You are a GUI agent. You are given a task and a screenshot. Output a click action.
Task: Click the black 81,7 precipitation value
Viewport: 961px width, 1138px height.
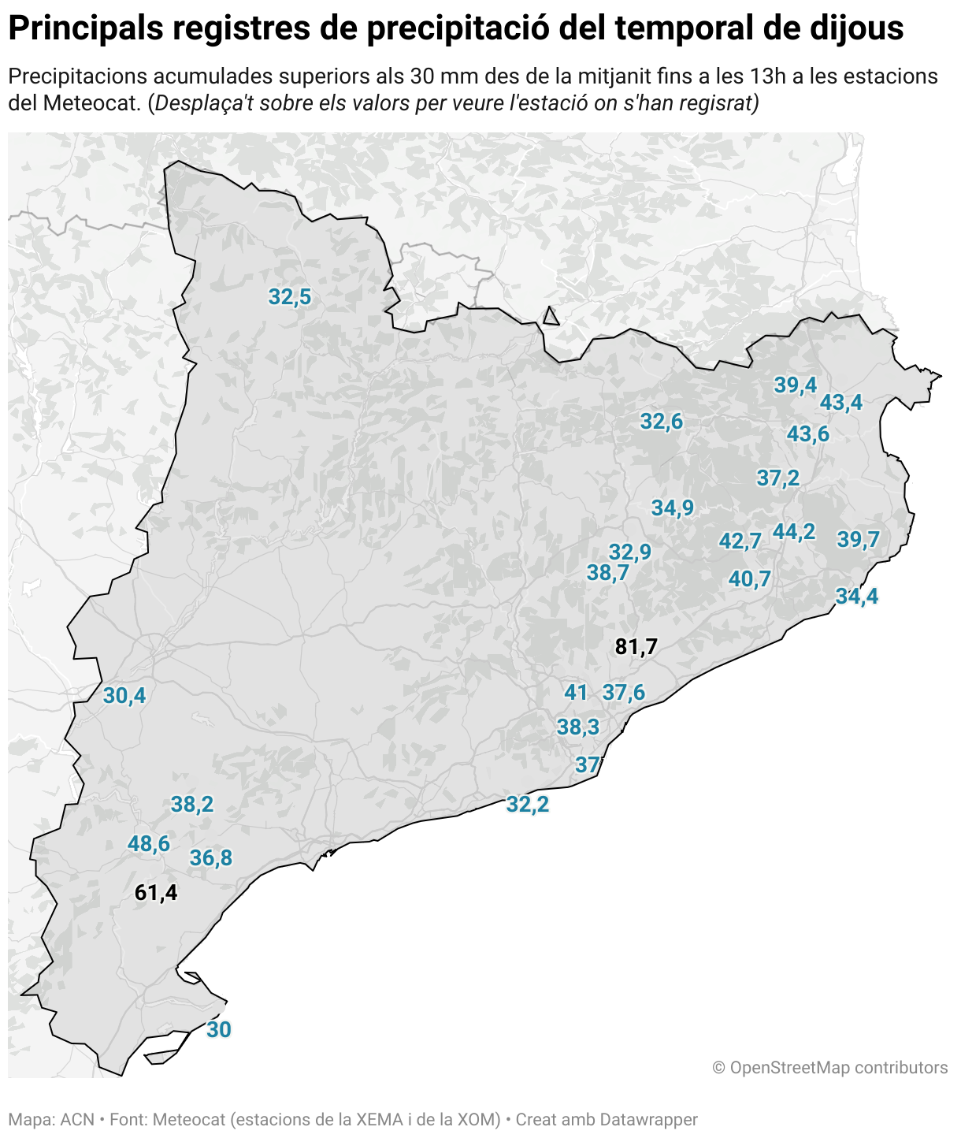636,647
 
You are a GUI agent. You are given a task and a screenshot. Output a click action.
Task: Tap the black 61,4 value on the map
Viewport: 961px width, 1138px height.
156,893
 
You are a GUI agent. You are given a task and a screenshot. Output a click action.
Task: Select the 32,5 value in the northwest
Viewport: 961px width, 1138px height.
290,297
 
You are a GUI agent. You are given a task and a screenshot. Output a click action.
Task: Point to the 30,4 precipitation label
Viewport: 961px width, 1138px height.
124,696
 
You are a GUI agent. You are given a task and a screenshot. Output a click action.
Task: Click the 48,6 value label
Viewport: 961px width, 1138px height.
149,844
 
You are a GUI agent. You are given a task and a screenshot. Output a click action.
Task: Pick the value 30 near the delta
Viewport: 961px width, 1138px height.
219,1030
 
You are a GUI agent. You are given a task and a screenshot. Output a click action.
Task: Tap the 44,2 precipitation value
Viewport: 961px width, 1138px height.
794,532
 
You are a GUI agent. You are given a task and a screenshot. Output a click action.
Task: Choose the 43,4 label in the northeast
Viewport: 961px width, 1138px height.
841,403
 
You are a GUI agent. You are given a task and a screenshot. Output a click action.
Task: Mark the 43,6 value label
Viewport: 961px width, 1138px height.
808,434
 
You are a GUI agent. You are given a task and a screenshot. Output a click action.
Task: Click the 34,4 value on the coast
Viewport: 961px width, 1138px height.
857,597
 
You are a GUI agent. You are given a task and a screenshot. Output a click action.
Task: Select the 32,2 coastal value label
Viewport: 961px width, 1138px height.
528,805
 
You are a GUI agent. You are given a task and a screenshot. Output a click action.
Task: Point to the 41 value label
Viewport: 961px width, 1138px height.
576,693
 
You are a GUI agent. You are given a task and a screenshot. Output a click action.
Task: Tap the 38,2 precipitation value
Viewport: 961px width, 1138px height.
192,805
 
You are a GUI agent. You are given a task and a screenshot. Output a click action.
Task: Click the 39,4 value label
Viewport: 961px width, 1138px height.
796,385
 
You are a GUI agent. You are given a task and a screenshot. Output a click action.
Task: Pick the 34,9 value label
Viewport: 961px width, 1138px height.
673,508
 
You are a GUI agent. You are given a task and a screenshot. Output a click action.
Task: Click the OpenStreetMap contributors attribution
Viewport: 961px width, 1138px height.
829,1068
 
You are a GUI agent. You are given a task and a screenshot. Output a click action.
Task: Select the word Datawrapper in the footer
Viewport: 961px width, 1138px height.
648,1119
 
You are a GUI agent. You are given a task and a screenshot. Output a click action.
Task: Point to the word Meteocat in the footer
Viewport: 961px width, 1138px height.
189,1119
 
